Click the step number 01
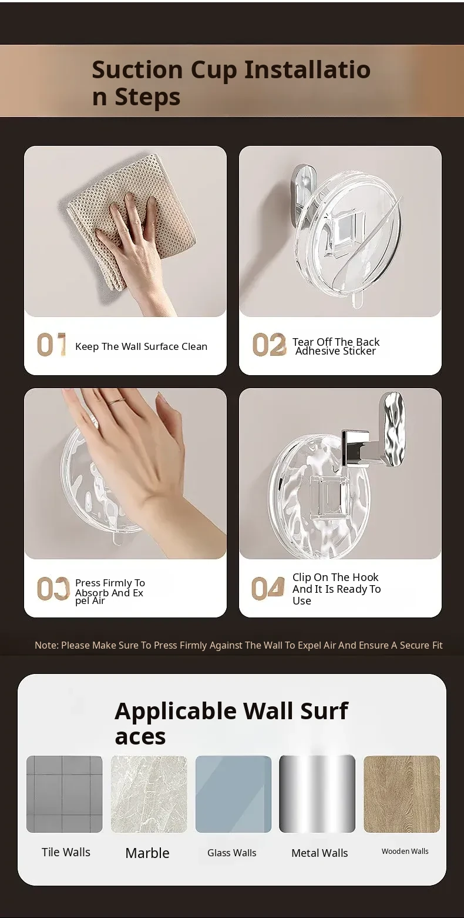pyautogui.click(x=52, y=344)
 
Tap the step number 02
pyautogui.click(x=269, y=344)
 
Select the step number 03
pyautogui.click(x=53, y=589)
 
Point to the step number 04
pyautogui.click(x=268, y=589)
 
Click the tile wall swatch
pyautogui.click(x=65, y=794)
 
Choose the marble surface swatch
pyautogui.click(x=149, y=794)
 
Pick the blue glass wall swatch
pyautogui.click(x=233, y=794)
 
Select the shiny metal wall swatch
pyautogui.click(x=317, y=794)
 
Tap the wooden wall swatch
pyautogui.click(x=402, y=794)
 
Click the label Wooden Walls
pyautogui.click(x=405, y=851)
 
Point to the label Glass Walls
pyautogui.click(x=231, y=853)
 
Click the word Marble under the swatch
pyautogui.click(x=147, y=853)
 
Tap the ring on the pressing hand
pyautogui.click(x=117, y=401)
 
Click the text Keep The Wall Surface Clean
pyautogui.click(x=141, y=347)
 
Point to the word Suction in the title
pyautogui.click(x=137, y=69)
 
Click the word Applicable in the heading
pyautogui.click(x=176, y=712)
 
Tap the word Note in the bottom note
pyautogui.click(x=46, y=646)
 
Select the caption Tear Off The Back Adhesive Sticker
pyautogui.click(x=335, y=346)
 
